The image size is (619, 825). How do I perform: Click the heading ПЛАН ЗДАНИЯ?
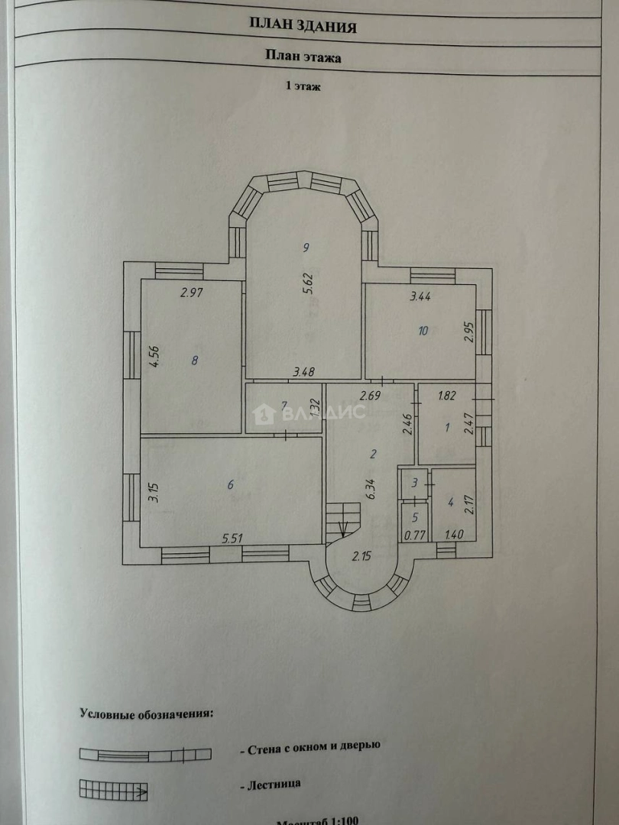pyautogui.click(x=303, y=27)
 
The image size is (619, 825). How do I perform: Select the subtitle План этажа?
pyautogui.click(x=303, y=55)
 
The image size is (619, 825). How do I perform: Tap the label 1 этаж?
pyautogui.click(x=303, y=87)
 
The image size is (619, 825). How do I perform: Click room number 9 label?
pyautogui.click(x=305, y=247)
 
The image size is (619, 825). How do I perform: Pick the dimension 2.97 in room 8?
pyautogui.click(x=191, y=292)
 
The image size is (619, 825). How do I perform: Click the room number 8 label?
pyautogui.click(x=195, y=360)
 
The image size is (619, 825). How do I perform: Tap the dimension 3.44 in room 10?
pyautogui.click(x=420, y=297)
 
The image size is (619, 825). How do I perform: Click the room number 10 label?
pyautogui.click(x=423, y=331)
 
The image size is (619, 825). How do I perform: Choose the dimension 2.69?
pyautogui.click(x=371, y=396)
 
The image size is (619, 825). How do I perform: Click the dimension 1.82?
pyautogui.click(x=448, y=396)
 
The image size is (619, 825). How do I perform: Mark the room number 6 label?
pyautogui.click(x=230, y=484)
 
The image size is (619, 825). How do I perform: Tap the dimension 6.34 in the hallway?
pyautogui.click(x=371, y=488)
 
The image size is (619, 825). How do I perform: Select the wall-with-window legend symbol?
pyautogui.click(x=145, y=755)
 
